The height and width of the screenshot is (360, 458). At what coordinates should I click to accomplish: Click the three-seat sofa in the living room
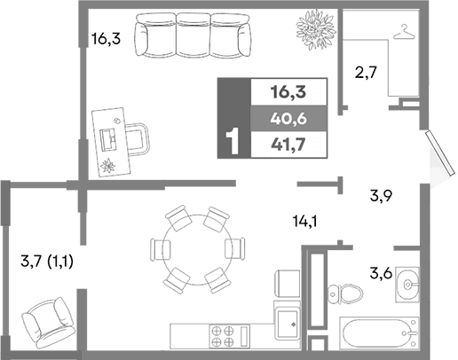(x=191, y=36)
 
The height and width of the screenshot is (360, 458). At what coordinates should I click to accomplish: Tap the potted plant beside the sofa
(x=315, y=27)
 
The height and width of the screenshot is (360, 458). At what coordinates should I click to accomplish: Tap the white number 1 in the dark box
(x=235, y=142)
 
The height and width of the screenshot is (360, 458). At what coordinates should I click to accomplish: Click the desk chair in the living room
(x=138, y=137)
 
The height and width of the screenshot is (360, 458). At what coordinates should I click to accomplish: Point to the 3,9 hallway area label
(x=382, y=197)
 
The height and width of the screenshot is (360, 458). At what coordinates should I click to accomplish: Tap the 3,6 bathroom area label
(x=382, y=274)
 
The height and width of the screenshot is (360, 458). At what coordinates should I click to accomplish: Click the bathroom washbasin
(x=409, y=283)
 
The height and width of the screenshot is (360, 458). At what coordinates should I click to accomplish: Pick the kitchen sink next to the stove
(x=288, y=325)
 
